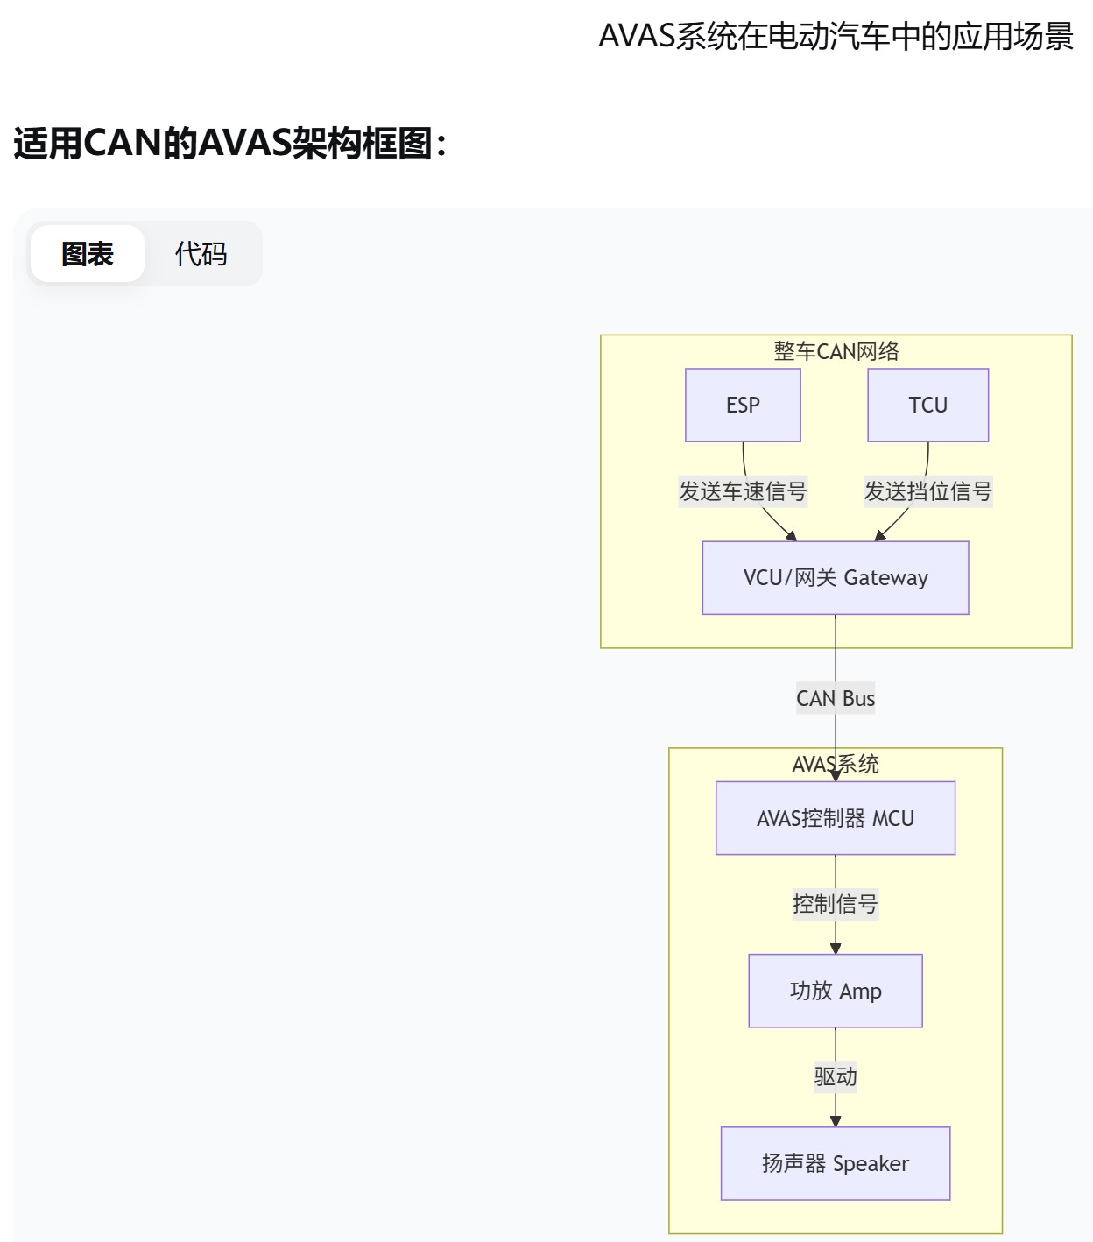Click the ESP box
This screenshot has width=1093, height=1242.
click(743, 405)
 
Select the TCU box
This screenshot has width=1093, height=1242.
click(927, 405)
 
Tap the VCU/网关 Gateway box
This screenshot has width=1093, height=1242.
click(835, 577)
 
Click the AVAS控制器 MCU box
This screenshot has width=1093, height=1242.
click(835, 818)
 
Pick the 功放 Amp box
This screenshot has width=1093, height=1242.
click(835, 991)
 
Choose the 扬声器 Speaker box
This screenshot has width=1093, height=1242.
click(835, 1163)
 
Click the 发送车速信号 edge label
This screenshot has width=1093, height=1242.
click(743, 491)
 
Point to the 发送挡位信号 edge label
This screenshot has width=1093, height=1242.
click(927, 491)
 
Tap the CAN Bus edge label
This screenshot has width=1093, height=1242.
click(835, 698)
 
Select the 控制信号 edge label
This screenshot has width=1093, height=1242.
click(835, 904)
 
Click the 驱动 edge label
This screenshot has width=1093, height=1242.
click(835, 1076)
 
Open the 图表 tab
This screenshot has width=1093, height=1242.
click(88, 254)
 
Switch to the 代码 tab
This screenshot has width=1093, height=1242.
click(201, 254)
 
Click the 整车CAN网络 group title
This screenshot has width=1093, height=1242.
click(836, 351)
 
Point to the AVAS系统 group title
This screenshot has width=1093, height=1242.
click(835, 764)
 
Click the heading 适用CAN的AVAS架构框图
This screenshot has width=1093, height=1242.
click(230, 143)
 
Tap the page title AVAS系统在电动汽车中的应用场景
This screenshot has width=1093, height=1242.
click(836, 37)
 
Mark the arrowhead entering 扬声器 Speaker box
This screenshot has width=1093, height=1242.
click(836, 1121)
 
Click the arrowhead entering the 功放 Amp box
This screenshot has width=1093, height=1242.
click(836, 949)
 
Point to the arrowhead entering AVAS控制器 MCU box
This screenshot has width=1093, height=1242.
click(836, 775)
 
